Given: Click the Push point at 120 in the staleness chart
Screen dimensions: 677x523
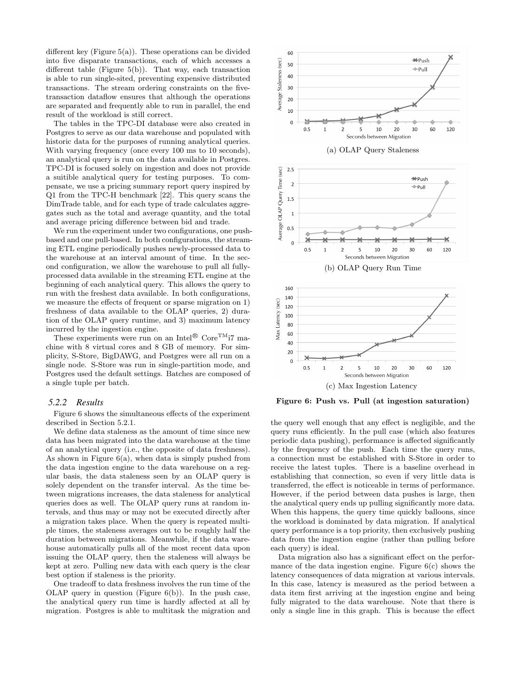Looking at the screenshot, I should click(450, 57).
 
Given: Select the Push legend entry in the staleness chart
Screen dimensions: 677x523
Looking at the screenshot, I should click(421, 61).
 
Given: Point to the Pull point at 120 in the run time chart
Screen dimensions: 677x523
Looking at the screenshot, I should click(446, 182).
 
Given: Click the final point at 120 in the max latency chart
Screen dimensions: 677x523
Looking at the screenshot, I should click(446, 296).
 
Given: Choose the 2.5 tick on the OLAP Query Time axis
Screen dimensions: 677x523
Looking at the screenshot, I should click(290, 170).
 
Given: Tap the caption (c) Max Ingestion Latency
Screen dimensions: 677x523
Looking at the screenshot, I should click(372, 386).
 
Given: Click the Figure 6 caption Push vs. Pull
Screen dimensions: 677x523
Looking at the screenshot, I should click(373, 401).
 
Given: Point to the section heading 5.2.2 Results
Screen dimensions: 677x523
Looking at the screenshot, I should click(76, 402).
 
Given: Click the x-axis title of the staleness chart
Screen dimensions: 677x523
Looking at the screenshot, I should click(378, 137).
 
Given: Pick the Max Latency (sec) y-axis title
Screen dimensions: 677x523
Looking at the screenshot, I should click(278, 320).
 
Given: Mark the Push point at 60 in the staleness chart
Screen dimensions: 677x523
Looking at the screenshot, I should click(432, 87).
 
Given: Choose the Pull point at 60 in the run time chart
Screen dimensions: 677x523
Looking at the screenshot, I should click(429, 216).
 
